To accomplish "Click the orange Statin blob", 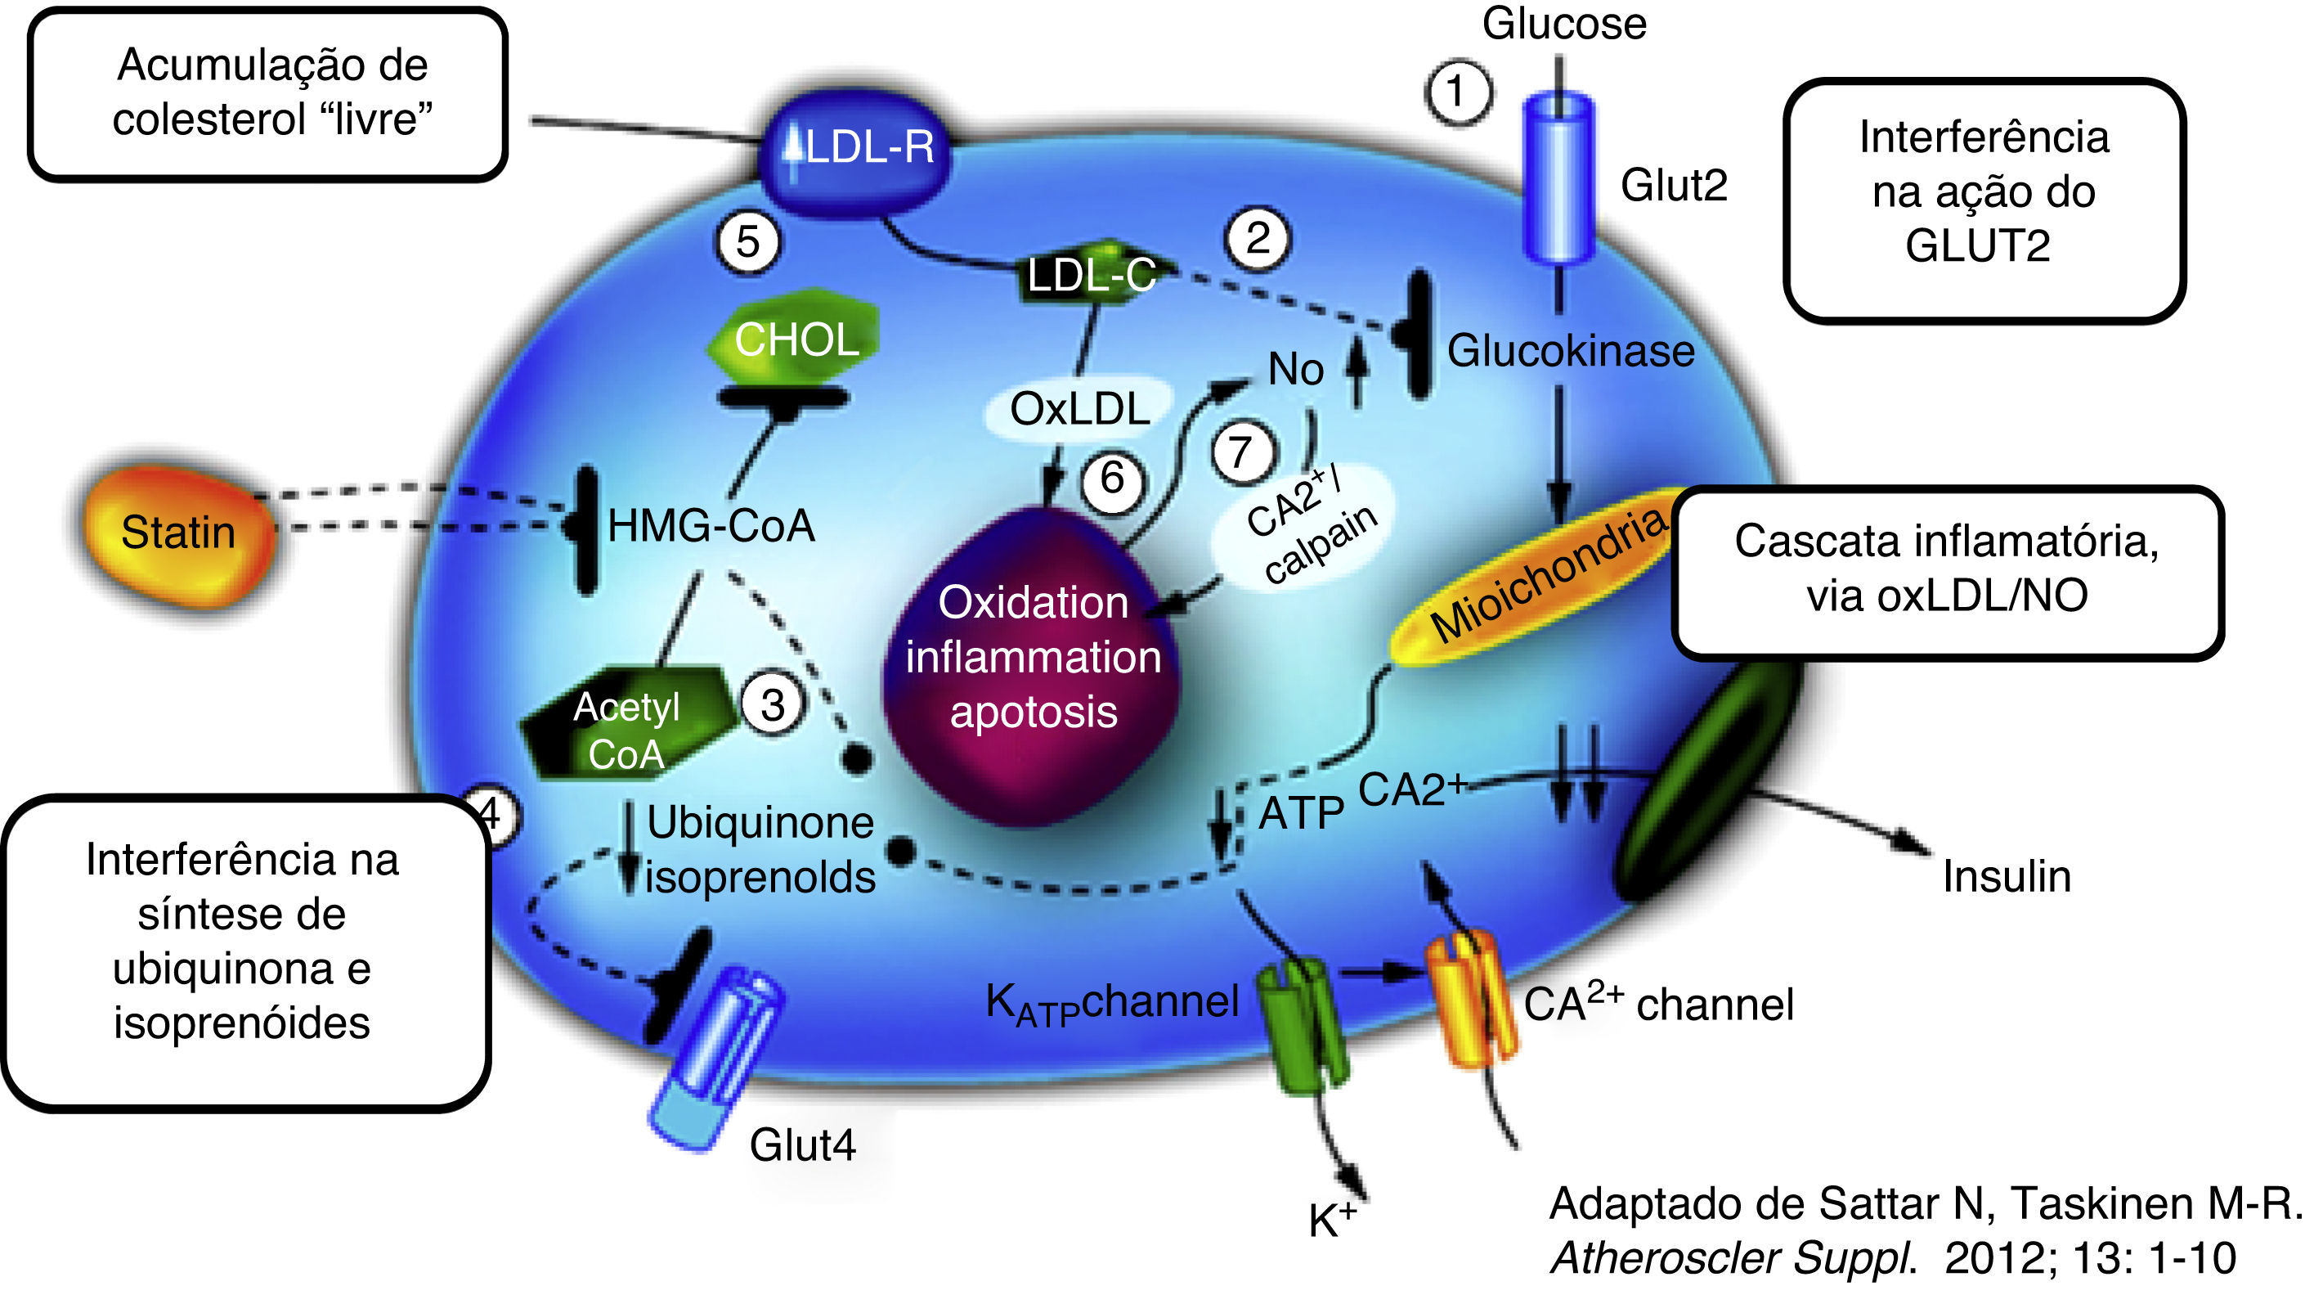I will pos(177,534).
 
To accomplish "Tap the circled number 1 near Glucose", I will pos(1458,92).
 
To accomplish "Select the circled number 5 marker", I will pos(748,241).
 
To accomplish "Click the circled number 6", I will pos(1111,479).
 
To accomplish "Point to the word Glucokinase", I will pos(1571,351).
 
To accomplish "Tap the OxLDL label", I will pos(1079,410).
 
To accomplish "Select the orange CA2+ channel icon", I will pos(1469,998).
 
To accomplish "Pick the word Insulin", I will pos(2006,876).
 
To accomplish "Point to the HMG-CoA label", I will pos(711,526).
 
